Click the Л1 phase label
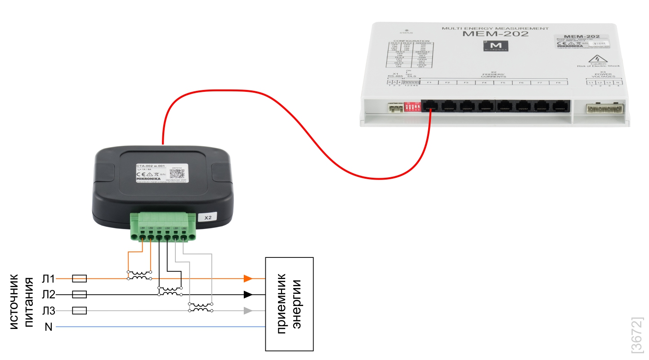(x=48, y=279)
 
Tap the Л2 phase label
(x=48, y=295)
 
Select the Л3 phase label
(x=48, y=311)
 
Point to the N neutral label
(x=49, y=327)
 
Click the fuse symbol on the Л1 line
(x=79, y=279)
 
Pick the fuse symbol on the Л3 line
(x=79, y=310)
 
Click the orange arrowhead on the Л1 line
(x=247, y=279)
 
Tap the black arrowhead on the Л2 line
(x=247, y=295)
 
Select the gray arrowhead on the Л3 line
(x=247, y=310)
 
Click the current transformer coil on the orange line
(x=139, y=275)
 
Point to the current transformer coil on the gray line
(x=201, y=307)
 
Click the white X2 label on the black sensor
(x=208, y=217)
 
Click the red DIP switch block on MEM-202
(x=412, y=107)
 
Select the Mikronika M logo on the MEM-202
(x=496, y=47)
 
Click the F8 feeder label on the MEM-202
(x=558, y=83)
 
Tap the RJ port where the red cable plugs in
(x=430, y=106)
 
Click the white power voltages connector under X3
(x=604, y=108)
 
